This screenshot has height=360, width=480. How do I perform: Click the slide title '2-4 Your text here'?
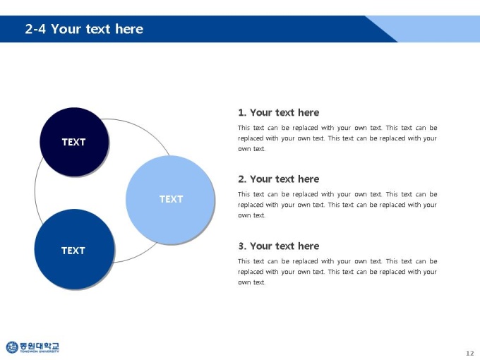click(84, 29)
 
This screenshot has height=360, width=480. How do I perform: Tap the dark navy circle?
click(74, 142)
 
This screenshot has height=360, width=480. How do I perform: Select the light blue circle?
click(170, 200)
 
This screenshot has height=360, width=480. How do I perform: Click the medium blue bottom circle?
click(74, 249)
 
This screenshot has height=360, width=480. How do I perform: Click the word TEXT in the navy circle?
click(74, 142)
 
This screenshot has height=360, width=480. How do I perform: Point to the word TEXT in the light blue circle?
click(171, 199)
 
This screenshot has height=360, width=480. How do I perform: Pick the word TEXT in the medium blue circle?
click(73, 251)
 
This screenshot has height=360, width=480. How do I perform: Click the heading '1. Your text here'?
click(279, 113)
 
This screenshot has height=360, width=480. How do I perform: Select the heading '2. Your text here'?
click(279, 179)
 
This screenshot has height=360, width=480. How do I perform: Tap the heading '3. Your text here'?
click(279, 246)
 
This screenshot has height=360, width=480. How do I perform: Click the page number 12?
click(470, 353)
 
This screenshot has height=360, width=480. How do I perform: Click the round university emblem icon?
click(12, 347)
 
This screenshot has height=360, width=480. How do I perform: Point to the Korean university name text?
click(40, 346)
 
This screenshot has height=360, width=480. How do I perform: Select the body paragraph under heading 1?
click(337, 138)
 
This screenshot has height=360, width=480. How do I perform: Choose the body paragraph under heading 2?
click(337, 205)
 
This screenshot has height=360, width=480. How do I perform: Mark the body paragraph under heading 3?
click(337, 272)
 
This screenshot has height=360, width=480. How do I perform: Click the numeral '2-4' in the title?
click(35, 29)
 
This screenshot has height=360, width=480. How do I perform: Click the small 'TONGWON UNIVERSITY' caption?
click(40, 352)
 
